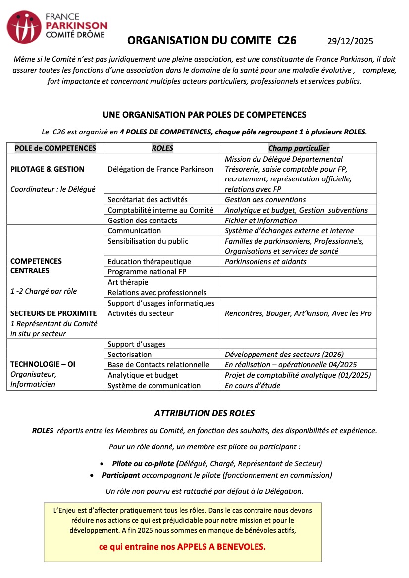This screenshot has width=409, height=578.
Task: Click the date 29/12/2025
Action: point(350,41)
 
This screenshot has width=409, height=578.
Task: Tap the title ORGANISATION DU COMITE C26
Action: point(211,41)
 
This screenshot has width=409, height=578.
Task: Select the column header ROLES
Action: point(162,148)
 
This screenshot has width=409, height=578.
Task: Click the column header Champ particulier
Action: point(299,148)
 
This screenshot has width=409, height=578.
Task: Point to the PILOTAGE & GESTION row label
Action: point(48,169)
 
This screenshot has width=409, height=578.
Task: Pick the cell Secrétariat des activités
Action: point(148,200)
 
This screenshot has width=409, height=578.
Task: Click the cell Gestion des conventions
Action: point(265,200)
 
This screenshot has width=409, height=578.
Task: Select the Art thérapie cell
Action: point(128,282)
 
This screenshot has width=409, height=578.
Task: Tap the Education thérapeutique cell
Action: point(149,261)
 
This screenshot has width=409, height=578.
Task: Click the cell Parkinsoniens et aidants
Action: point(265,261)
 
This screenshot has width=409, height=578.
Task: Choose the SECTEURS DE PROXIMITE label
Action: point(53,313)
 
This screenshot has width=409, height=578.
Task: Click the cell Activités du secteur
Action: point(141,313)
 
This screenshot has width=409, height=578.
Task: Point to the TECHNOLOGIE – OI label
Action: point(43,364)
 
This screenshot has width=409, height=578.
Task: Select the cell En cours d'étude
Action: point(252,385)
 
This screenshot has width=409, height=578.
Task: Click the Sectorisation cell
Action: point(130,354)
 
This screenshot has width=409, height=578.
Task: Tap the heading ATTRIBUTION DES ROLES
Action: point(204,413)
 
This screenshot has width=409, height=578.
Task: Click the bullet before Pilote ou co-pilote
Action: point(102,464)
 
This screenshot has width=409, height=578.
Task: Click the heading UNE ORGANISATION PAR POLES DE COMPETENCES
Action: point(204,115)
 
